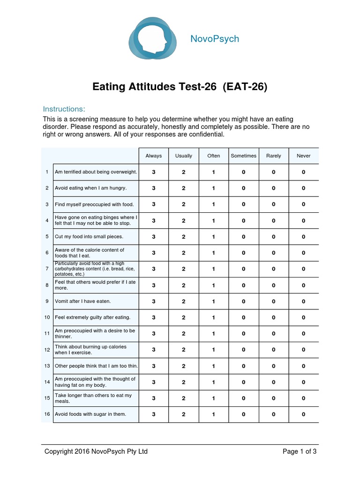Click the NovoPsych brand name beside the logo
pos(215,39)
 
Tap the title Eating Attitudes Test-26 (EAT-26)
pos(180,87)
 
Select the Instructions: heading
pos(64,109)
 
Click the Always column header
pos(154,156)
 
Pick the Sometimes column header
pos(243,156)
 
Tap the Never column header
pos(303,156)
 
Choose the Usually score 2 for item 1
pos(184,172)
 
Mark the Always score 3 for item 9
pos(154,301)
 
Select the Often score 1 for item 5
pos(214,237)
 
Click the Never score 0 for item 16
pos(303,414)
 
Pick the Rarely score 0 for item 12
pos(273,350)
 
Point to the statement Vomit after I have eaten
pos(82,301)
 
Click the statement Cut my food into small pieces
pos(89,237)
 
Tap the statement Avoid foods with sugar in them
pos(90,414)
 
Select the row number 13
pos(47,366)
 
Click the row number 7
pos(47,269)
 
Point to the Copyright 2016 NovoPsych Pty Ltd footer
pos(96,451)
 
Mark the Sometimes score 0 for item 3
pos(243,204)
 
